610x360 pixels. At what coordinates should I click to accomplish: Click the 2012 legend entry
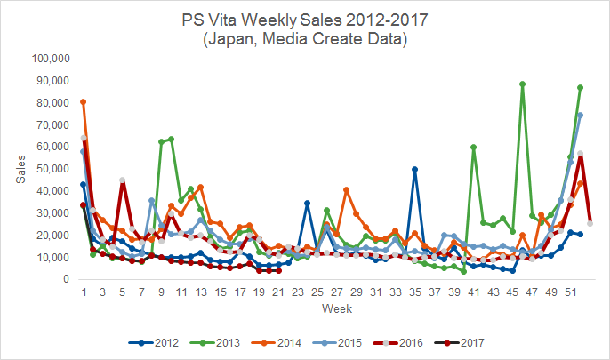[153, 343]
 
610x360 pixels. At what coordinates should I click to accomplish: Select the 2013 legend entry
[215, 343]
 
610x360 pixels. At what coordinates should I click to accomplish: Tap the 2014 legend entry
[276, 343]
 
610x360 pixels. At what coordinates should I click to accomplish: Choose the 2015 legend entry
[337, 343]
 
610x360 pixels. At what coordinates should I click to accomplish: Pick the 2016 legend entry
[398, 343]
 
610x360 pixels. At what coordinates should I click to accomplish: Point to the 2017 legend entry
[459, 343]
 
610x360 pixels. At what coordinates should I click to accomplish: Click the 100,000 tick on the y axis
[51, 59]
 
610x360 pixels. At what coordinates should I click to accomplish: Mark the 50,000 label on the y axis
[53, 169]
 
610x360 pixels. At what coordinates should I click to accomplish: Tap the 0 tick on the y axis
[66, 279]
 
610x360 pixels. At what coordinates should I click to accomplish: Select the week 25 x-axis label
[317, 292]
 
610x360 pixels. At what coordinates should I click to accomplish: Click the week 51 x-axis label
[571, 292]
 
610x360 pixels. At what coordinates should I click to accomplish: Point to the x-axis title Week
[337, 308]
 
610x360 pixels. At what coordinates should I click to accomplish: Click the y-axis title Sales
[20, 169]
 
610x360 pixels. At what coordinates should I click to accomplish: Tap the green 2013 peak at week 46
[522, 84]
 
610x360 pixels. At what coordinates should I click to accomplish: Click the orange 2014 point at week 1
[84, 102]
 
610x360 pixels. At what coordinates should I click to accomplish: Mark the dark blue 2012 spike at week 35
[414, 170]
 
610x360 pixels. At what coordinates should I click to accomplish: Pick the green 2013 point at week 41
[473, 147]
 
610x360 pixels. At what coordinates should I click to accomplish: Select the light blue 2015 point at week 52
[581, 115]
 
